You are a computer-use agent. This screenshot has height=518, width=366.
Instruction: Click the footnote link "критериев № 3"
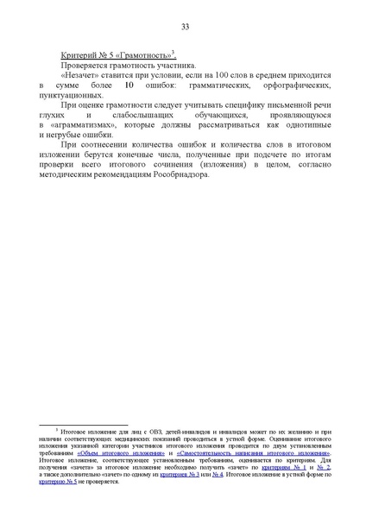click(178, 475)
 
